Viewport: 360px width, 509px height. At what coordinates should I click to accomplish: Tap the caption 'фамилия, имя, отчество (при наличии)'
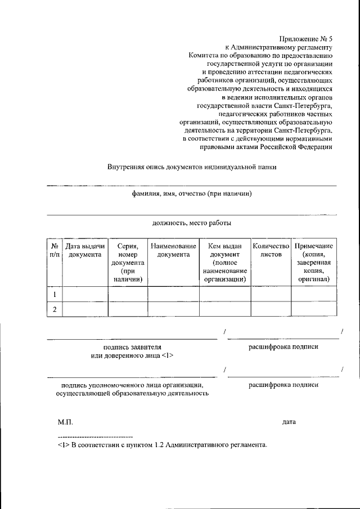pyautogui.click(x=191, y=194)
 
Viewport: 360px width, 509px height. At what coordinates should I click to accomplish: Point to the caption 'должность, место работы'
pyautogui.click(x=191, y=223)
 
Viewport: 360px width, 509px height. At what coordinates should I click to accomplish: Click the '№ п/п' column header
pyautogui.click(x=55, y=250)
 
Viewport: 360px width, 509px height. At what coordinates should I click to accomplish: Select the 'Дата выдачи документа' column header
pyautogui.click(x=85, y=250)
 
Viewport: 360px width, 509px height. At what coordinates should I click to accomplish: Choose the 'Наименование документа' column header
pyautogui.click(x=173, y=250)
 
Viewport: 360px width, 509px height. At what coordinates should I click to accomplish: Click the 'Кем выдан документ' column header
pyautogui.click(x=225, y=262)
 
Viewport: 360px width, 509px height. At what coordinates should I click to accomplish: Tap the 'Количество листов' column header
pyautogui.click(x=271, y=250)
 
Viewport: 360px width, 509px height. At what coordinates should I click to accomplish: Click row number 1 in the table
pyautogui.click(x=55, y=294)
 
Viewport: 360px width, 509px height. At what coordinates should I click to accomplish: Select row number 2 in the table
pyautogui.click(x=55, y=309)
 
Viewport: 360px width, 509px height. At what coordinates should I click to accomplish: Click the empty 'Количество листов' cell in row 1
pyautogui.click(x=271, y=294)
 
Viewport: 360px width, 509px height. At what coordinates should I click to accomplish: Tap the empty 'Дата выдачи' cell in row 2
pyautogui.click(x=85, y=309)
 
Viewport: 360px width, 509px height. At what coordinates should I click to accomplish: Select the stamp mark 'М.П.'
pyautogui.click(x=65, y=421)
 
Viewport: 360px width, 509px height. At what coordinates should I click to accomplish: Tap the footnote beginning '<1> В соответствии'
pyautogui.click(x=162, y=445)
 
